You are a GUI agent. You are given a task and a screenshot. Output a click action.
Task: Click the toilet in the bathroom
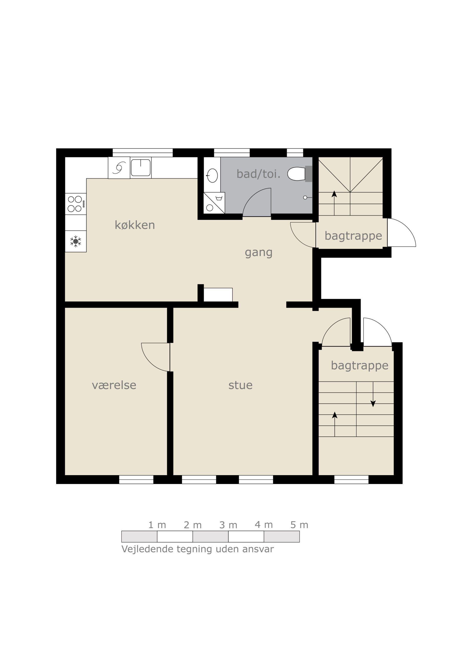(300, 174)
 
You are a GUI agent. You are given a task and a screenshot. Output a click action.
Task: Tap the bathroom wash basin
(212, 175)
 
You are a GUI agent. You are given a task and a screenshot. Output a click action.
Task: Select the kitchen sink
(140, 168)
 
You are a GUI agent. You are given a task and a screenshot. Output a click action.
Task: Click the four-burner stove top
(76, 204)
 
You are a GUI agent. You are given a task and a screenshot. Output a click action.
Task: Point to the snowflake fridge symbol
(76, 241)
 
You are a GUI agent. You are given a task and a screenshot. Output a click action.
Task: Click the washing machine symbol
(214, 203)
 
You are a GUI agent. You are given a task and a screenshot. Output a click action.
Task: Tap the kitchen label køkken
(135, 225)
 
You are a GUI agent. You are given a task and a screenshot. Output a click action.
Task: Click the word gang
(259, 253)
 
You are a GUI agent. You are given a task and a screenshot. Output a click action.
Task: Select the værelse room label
(114, 385)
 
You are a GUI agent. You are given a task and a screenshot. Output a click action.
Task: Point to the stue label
(241, 385)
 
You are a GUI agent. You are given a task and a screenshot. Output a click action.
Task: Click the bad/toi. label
(259, 174)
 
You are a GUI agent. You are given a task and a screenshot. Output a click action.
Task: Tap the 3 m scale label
(228, 525)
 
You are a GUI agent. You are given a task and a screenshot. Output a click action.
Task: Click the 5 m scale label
(299, 525)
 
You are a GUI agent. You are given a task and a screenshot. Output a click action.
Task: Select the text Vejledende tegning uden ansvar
(198, 549)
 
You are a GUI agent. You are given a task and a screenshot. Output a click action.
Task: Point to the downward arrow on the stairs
(373, 394)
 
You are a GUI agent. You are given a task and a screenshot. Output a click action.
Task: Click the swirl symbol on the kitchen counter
(119, 168)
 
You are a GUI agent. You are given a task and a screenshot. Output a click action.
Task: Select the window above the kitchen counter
(142, 152)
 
